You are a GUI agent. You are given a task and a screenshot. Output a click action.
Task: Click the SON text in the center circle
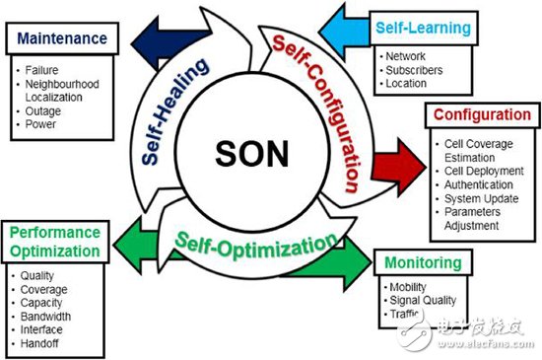pos(251,154)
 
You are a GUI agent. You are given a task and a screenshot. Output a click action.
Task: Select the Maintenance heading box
pos(62,38)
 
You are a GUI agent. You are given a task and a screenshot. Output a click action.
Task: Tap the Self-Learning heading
pos(424,28)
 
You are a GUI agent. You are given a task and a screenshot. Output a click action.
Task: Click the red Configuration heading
pos(482,114)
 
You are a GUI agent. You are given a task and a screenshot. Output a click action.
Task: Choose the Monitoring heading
pos(423,262)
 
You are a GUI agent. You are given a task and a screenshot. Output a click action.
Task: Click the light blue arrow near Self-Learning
pos(344,33)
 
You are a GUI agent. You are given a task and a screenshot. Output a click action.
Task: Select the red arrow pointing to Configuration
pos(398,168)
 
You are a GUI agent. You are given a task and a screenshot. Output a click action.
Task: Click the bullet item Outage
pos(42,111)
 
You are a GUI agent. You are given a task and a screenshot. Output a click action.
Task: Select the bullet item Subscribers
pos(414,70)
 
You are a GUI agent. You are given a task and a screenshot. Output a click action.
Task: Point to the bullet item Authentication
pos(478,184)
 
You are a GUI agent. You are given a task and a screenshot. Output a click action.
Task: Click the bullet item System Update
pos(481,198)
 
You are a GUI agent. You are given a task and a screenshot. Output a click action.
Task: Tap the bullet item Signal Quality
pos(423,300)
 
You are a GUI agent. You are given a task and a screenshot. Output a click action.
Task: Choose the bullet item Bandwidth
pos(45,316)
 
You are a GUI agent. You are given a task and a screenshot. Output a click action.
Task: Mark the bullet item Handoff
pos(39,343)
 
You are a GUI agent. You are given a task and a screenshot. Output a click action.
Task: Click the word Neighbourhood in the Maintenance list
pos(62,84)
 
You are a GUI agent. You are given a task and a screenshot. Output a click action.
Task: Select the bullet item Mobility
pos(408,287)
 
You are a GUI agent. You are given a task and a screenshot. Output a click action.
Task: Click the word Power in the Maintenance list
pos(40,124)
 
